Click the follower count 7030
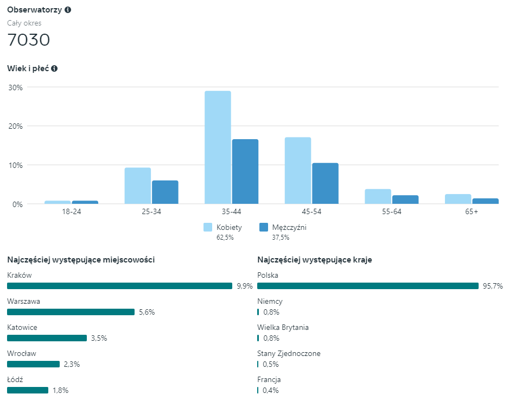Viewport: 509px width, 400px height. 28,40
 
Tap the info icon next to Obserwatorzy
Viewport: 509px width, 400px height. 68,10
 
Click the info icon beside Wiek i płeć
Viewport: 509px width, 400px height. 54,68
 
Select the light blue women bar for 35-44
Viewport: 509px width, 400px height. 218,147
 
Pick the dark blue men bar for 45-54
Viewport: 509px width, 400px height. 325,184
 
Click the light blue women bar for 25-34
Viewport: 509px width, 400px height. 138,186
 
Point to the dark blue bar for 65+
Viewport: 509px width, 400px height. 485,201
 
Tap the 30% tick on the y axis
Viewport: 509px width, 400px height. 15,87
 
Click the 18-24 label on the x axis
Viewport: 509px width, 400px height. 71,212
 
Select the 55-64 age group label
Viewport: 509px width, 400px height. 392,212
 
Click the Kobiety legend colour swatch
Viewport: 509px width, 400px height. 208,227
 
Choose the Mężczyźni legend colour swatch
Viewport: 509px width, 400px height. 264,227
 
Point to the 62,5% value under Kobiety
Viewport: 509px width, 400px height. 225,237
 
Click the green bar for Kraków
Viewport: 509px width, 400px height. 119,286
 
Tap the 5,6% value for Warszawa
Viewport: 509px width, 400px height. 147,312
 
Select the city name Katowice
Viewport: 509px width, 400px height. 22,327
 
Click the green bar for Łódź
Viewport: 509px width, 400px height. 28,390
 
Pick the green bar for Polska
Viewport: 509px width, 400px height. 368,286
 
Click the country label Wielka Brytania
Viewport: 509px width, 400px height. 283,327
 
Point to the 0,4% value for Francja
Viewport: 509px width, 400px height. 271,390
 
